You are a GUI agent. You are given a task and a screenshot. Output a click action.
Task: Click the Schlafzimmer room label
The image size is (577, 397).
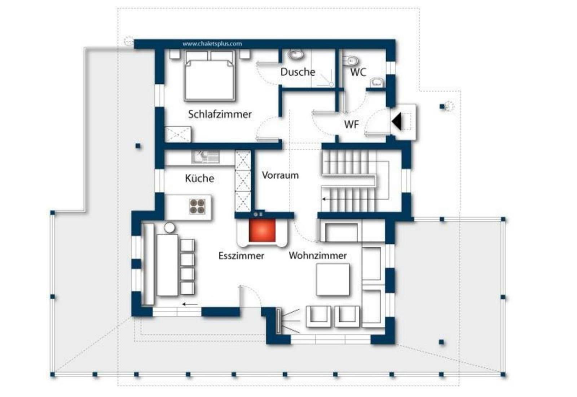(220, 115)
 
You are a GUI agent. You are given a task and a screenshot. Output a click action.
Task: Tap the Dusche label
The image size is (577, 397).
(298, 72)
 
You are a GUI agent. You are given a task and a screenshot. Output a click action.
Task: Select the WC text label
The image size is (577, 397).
(358, 72)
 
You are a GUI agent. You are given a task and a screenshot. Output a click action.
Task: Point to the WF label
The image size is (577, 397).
(351, 125)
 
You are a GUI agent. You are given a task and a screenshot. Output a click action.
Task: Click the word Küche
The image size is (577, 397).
(199, 178)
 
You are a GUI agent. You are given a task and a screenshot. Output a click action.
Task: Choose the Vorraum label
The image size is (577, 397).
(280, 175)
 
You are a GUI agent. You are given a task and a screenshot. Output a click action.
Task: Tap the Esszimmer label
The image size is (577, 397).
(241, 256)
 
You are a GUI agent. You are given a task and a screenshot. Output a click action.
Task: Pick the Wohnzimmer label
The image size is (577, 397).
(318, 255)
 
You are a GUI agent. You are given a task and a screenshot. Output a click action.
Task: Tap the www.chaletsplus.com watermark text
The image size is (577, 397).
(212, 44)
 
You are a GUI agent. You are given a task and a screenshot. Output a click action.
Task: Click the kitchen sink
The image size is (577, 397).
(206, 157)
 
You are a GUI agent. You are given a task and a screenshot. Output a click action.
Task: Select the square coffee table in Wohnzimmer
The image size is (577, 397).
(333, 280)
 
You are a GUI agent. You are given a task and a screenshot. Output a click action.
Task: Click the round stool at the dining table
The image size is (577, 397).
(169, 227)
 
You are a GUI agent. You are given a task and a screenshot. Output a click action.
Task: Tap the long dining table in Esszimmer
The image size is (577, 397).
(167, 265)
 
